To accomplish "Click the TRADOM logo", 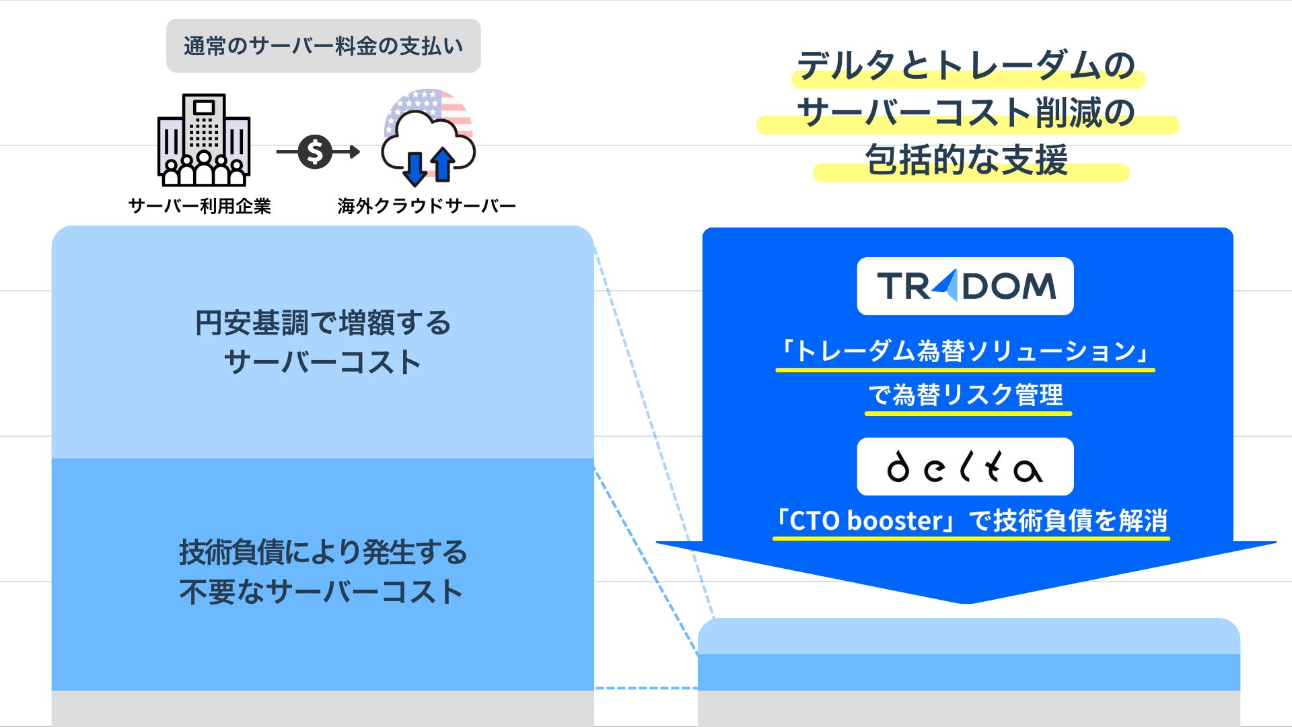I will point(965,286).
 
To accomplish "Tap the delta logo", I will point(965,466).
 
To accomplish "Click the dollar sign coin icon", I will point(315,151).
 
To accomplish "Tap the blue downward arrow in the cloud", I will point(415,168).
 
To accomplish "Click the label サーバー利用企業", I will point(200,206).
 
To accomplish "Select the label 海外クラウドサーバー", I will point(427,206).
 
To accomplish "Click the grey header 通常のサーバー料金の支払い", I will point(323,46).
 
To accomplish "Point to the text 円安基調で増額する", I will point(323,323).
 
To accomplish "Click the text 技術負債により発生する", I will point(323,553).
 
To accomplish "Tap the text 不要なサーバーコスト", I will point(321,592).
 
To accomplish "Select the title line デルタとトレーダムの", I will point(966,66).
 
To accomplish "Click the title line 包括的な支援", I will point(966,161).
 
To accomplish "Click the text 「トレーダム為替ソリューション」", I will point(965,351).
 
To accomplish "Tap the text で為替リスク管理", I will point(966,394).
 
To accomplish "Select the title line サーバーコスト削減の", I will point(966,113).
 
